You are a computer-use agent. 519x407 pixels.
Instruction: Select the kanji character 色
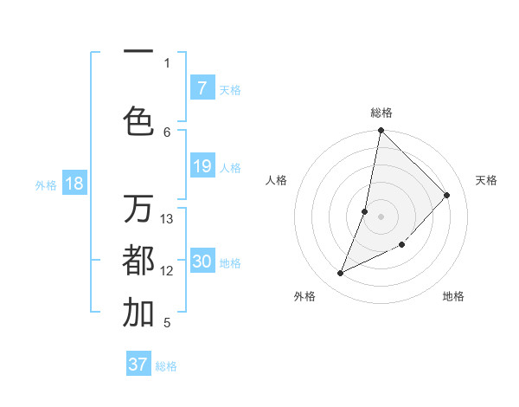click(138, 120)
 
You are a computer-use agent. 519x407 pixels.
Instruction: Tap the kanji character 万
click(138, 210)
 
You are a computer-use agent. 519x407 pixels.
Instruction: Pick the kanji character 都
click(138, 260)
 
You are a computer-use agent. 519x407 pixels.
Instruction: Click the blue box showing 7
click(202, 88)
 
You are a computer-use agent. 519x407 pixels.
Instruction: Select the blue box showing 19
click(202, 166)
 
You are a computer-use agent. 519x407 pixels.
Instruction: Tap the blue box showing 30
click(202, 262)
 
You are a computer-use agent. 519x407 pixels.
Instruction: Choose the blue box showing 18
click(74, 184)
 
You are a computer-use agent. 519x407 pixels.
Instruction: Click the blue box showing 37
click(138, 365)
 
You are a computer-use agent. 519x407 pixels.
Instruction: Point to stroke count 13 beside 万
click(167, 219)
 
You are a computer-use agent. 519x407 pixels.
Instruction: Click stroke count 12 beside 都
click(167, 271)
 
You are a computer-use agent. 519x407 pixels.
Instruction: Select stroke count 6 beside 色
click(167, 132)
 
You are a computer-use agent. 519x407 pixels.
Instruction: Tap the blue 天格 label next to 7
click(230, 89)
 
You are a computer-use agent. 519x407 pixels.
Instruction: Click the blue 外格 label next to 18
click(46, 184)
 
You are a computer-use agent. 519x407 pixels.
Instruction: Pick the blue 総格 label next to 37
click(166, 365)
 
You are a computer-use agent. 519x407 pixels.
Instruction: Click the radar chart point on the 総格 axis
click(381, 131)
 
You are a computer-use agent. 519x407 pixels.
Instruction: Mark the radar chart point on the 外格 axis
click(341, 274)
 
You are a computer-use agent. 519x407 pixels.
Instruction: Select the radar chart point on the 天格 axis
click(446, 195)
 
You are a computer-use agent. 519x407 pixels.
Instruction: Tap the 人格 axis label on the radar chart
click(277, 180)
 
